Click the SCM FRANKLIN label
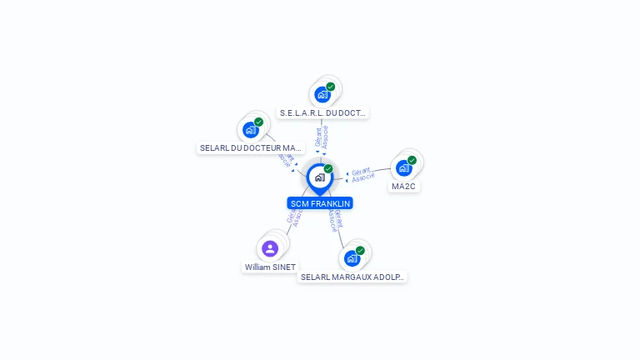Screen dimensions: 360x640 [x=320, y=203]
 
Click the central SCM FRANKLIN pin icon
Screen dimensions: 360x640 [x=319, y=177]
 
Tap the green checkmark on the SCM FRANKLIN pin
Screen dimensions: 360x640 [x=328, y=169]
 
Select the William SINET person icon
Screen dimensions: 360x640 [x=269, y=248]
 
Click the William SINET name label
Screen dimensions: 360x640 [x=270, y=267]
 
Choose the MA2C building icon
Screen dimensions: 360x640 [x=403, y=167]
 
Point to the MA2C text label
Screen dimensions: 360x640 [x=403, y=187]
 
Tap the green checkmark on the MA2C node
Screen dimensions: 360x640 [x=412, y=160]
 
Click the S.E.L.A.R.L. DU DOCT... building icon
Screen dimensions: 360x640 [x=322, y=94]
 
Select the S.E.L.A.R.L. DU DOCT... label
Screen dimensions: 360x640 [x=323, y=112]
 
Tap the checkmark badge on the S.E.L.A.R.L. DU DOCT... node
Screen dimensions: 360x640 [x=331, y=87]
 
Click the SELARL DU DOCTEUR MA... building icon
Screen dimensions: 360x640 [x=250, y=129]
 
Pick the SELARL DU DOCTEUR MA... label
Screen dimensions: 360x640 [x=250, y=148]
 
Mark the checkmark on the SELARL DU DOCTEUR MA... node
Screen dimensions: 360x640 [x=258, y=122]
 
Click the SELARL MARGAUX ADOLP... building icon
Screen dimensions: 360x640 [x=352, y=257]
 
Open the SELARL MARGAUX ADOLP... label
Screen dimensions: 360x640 [x=352, y=277]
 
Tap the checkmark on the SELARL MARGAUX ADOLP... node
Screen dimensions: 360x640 [x=360, y=250]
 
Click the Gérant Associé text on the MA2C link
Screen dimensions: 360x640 [x=362, y=174]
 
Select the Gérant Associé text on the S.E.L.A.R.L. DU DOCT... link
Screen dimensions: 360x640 [x=322, y=137]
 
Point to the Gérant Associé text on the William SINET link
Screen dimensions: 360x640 [x=294, y=219]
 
